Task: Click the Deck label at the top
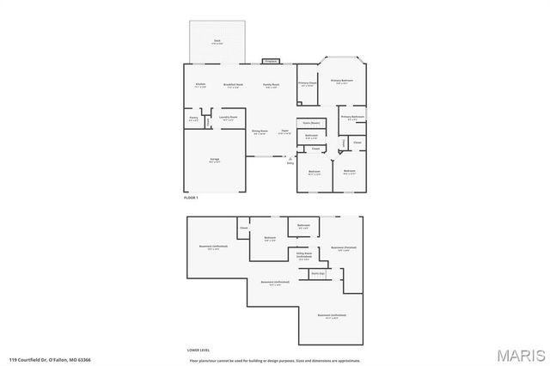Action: pyautogui.click(x=217, y=41)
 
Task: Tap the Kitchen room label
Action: pyautogui.click(x=199, y=84)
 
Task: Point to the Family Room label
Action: pyautogui.click(x=272, y=84)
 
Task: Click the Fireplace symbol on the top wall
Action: pyautogui.click(x=270, y=62)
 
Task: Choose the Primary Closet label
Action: pyautogui.click(x=308, y=83)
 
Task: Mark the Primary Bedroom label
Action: pyautogui.click(x=341, y=80)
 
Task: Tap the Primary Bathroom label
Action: pyautogui.click(x=352, y=117)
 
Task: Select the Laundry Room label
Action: pyautogui.click(x=228, y=119)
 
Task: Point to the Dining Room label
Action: pyautogui.click(x=260, y=131)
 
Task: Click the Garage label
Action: pyautogui.click(x=215, y=160)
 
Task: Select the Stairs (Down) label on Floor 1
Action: pyautogui.click(x=310, y=123)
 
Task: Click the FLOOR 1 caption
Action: pyautogui.click(x=191, y=198)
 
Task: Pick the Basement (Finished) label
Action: pyautogui.click(x=344, y=247)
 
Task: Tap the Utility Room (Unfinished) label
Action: pyautogui.click(x=304, y=254)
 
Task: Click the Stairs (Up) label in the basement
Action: pyautogui.click(x=316, y=272)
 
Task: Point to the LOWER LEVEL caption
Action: pyautogui.click(x=199, y=350)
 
